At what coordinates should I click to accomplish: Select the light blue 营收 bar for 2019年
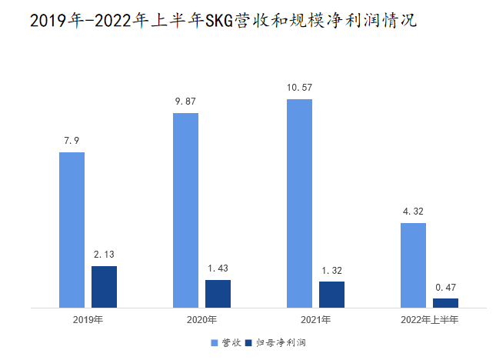[x=72, y=230]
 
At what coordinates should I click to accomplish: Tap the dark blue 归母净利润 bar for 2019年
[x=104, y=287]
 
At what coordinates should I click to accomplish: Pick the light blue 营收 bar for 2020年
[x=185, y=210]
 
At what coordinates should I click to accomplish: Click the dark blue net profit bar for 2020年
[x=218, y=294]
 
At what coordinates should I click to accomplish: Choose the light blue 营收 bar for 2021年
[x=299, y=203]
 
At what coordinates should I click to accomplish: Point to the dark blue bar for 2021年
[x=331, y=295]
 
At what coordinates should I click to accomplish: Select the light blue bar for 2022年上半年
[x=413, y=265]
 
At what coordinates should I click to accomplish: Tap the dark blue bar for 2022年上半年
[x=445, y=303]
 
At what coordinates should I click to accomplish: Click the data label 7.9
[x=72, y=141]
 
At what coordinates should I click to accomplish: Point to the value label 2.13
[x=104, y=255]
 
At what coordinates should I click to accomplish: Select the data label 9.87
[x=185, y=102]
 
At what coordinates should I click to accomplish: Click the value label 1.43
[x=218, y=268]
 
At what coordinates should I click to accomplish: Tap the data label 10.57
[x=299, y=88]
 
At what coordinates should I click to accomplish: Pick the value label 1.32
[x=331, y=270]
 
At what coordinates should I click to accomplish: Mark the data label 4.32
[x=413, y=212]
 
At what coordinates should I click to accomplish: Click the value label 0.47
[x=445, y=287]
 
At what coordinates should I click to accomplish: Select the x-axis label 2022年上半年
[x=429, y=319]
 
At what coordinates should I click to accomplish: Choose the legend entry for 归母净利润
[x=275, y=342]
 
